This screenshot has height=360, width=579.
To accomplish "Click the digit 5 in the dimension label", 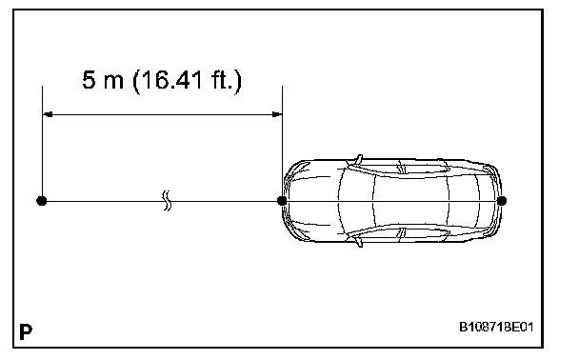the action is (x=89, y=80).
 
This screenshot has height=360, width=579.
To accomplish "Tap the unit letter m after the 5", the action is (x=113, y=82).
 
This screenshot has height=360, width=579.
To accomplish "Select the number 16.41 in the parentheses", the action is (x=168, y=80).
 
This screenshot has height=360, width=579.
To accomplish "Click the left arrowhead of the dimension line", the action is (x=48, y=114).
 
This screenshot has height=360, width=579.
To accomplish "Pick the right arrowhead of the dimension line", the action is (x=277, y=114).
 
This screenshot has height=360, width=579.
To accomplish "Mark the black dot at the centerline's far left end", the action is (x=42, y=201).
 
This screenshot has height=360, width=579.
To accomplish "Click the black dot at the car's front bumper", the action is (x=282, y=201).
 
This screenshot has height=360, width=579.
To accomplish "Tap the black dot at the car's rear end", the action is (x=502, y=201).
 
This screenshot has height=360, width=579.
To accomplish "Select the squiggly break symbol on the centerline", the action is (x=167, y=201).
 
